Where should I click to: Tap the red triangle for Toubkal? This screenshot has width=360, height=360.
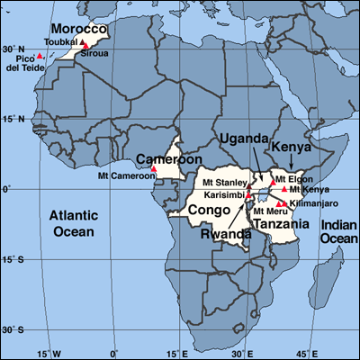point(84,41)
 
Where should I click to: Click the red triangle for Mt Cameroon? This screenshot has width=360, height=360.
point(153,168)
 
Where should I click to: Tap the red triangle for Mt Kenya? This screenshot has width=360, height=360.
point(284,189)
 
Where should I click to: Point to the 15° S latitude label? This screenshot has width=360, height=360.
point(13,260)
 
